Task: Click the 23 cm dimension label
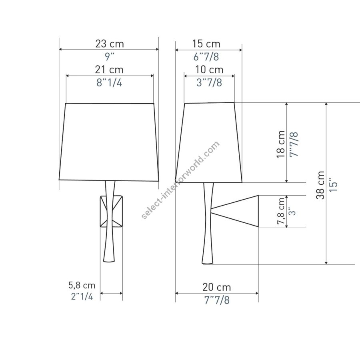coord(110,44)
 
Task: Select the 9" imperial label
coord(110,57)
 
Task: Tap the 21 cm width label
coord(109,70)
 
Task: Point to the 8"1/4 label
coord(109,82)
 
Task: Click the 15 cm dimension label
coord(206,44)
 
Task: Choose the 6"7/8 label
coord(206,57)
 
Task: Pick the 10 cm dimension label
coord(209,70)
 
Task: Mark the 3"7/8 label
coord(209,82)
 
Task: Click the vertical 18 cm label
coord(281,144)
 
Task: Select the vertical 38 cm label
coord(320,185)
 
